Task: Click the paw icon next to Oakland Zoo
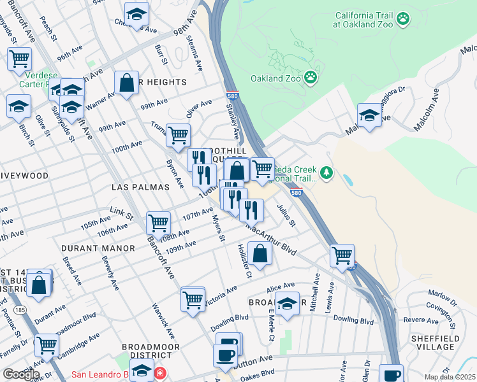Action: [311, 78]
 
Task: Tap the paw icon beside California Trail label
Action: [402, 20]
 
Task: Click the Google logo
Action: [20, 374]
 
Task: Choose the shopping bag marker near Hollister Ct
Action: [260, 253]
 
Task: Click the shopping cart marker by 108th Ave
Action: [158, 223]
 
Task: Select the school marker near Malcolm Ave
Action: [369, 115]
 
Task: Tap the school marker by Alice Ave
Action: [288, 304]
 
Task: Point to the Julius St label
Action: [287, 215]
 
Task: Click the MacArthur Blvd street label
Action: [271, 239]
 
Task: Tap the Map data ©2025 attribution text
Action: [450, 377]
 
